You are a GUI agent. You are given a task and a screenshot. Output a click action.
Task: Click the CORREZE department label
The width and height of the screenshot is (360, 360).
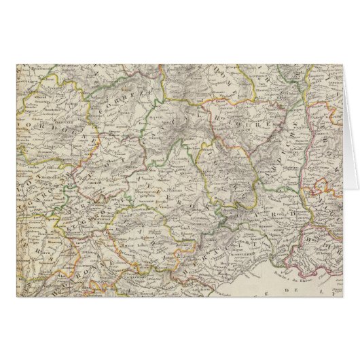tap(122, 109)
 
